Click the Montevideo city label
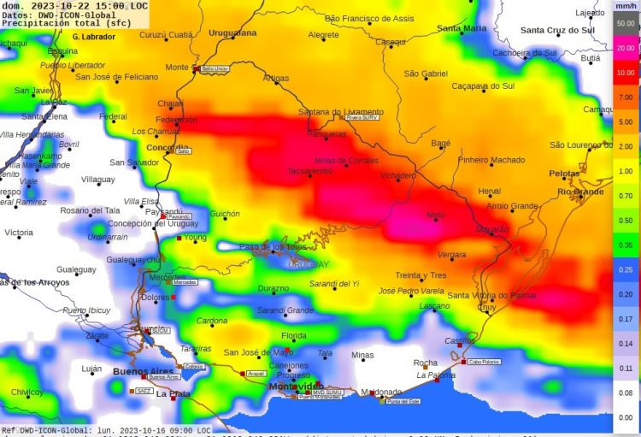[x=294, y=387]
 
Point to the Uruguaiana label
[x=232, y=32]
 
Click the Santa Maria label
[x=462, y=28]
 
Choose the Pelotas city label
[x=565, y=174]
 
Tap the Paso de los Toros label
[x=272, y=246]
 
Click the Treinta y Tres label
[x=420, y=275]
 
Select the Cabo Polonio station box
[x=485, y=362]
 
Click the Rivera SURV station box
[x=362, y=118]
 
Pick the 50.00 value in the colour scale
[x=626, y=24]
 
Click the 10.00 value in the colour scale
[x=626, y=73]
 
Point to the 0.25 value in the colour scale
[x=626, y=269]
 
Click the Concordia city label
[x=167, y=147]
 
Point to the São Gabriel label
[x=426, y=74]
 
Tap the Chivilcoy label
[x=27, y=392]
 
